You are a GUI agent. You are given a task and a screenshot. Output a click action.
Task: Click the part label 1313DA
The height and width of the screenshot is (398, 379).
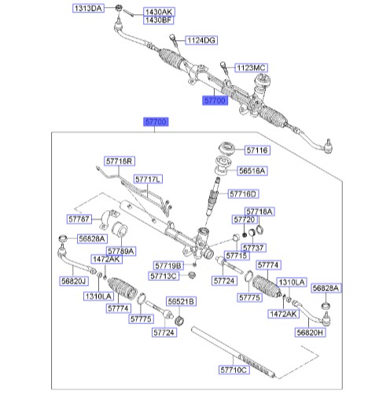coord(88,9)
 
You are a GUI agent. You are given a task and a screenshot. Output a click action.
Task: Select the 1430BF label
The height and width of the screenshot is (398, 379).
coord(158,20)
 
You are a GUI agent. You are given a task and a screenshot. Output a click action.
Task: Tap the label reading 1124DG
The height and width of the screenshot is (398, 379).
coord(201,40)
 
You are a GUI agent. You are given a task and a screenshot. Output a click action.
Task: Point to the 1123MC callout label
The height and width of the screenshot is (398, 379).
coord(251,68)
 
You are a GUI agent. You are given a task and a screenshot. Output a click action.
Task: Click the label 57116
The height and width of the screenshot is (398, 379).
coord(257,150)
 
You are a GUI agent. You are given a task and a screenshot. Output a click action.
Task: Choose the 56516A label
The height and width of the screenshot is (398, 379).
coord(252,171)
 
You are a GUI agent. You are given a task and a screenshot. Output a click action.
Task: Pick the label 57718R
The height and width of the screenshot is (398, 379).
coord(120,161)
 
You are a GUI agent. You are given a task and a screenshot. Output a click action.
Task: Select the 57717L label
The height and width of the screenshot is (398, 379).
coord(148,179)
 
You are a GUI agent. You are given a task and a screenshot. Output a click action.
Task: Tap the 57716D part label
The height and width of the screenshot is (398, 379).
coord(243,194)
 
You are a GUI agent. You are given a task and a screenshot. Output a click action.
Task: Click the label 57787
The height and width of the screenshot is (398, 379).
coord(79,219)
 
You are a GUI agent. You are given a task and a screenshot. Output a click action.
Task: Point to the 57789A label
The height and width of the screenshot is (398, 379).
coord(121,251)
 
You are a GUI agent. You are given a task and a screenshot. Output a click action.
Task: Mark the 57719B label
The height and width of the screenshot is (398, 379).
coord(168,266)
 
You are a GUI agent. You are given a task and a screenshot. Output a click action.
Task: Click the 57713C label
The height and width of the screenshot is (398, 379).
coord(164,276)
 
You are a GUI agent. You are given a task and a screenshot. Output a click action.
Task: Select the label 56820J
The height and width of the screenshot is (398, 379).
coord(74,282)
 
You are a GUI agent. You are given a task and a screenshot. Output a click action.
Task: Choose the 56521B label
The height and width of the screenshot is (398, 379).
coord(181,301)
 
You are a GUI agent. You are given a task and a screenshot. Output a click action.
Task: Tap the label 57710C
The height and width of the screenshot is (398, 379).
coord(234,370)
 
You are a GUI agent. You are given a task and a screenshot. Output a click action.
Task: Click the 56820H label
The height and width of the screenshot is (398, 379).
coord(310,333)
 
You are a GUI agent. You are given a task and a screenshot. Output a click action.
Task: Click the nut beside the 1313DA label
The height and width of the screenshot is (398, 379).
coord(118,8)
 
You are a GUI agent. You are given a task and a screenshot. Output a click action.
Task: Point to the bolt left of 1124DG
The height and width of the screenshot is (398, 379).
coord(175,42)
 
